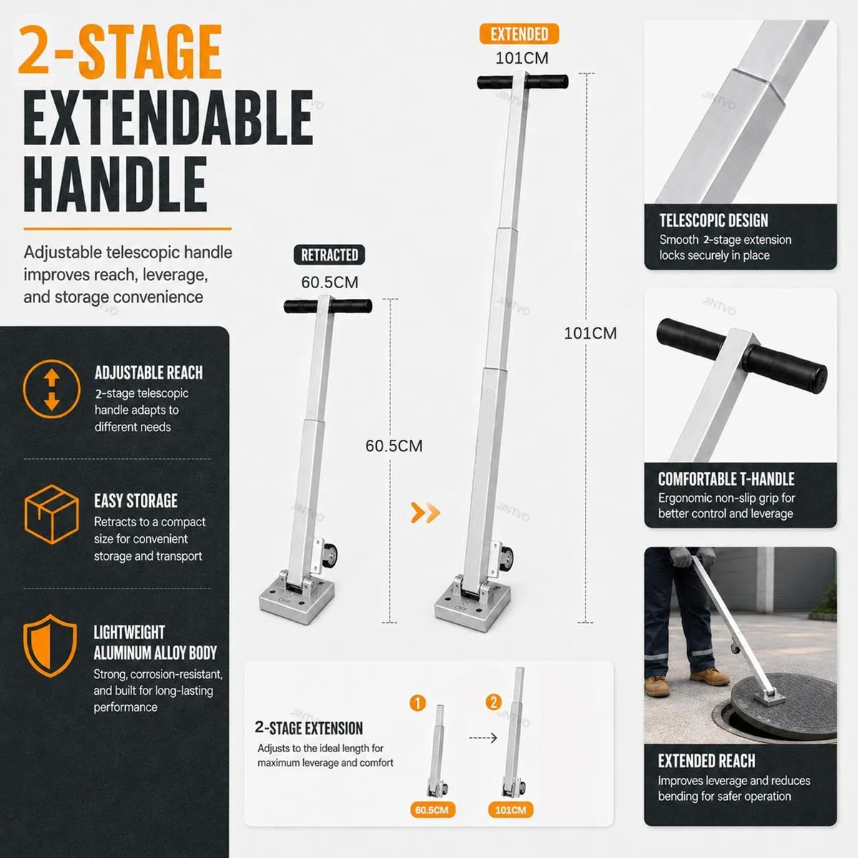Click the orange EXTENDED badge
pos(518,34)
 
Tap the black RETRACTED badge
pos(329,255)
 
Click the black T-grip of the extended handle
pos(523,82)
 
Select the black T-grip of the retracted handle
pos(327,306)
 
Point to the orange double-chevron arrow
pos(425,513)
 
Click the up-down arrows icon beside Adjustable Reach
pos(51,389)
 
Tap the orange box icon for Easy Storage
pos(51,514)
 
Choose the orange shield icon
pos(50,646)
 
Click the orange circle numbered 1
pos(418,703)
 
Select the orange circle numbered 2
pos(493,702)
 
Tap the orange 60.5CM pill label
pos(432,810)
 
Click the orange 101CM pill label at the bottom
pos(511,810)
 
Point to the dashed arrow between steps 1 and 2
pos(483,738)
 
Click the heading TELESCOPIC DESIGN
pos(714,220)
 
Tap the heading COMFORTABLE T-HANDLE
pos(726,479)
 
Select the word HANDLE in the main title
pos(115,184)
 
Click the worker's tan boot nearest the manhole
pos(710,676)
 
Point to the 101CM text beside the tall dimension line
pos(591,333)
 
